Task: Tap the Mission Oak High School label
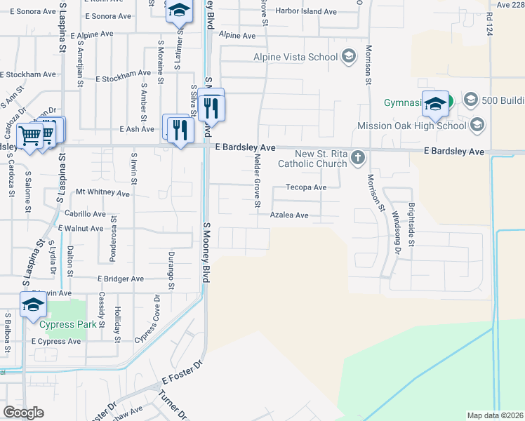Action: (411, 126)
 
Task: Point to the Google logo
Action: (22, 413)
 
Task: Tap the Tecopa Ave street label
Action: (306, 187)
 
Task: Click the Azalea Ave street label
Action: (289, 215)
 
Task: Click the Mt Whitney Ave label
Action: (102, 192)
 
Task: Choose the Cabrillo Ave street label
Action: (84, 214)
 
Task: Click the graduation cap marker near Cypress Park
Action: (33, 306)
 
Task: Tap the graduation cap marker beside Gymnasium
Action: (435, 103)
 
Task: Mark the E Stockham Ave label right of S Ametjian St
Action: (126, 72)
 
